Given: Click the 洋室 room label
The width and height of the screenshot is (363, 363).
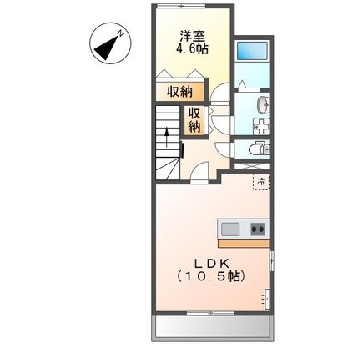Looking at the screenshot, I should (193, 36).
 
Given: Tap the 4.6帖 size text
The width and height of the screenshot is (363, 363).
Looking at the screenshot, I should (193, 49).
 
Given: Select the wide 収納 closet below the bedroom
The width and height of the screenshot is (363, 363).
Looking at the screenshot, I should (177, 93).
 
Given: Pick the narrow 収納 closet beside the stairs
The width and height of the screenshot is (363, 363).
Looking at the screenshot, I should (194, 120).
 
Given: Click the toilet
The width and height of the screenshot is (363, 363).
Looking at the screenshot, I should (260, 149).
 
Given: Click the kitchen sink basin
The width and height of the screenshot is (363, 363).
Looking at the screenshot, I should (230, 229).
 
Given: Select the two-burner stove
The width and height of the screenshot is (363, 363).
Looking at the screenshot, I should (255, 229).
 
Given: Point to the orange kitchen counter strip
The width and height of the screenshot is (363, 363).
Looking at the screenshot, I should (244, 244).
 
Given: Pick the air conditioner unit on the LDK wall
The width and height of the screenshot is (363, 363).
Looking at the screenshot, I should (266, 295).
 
